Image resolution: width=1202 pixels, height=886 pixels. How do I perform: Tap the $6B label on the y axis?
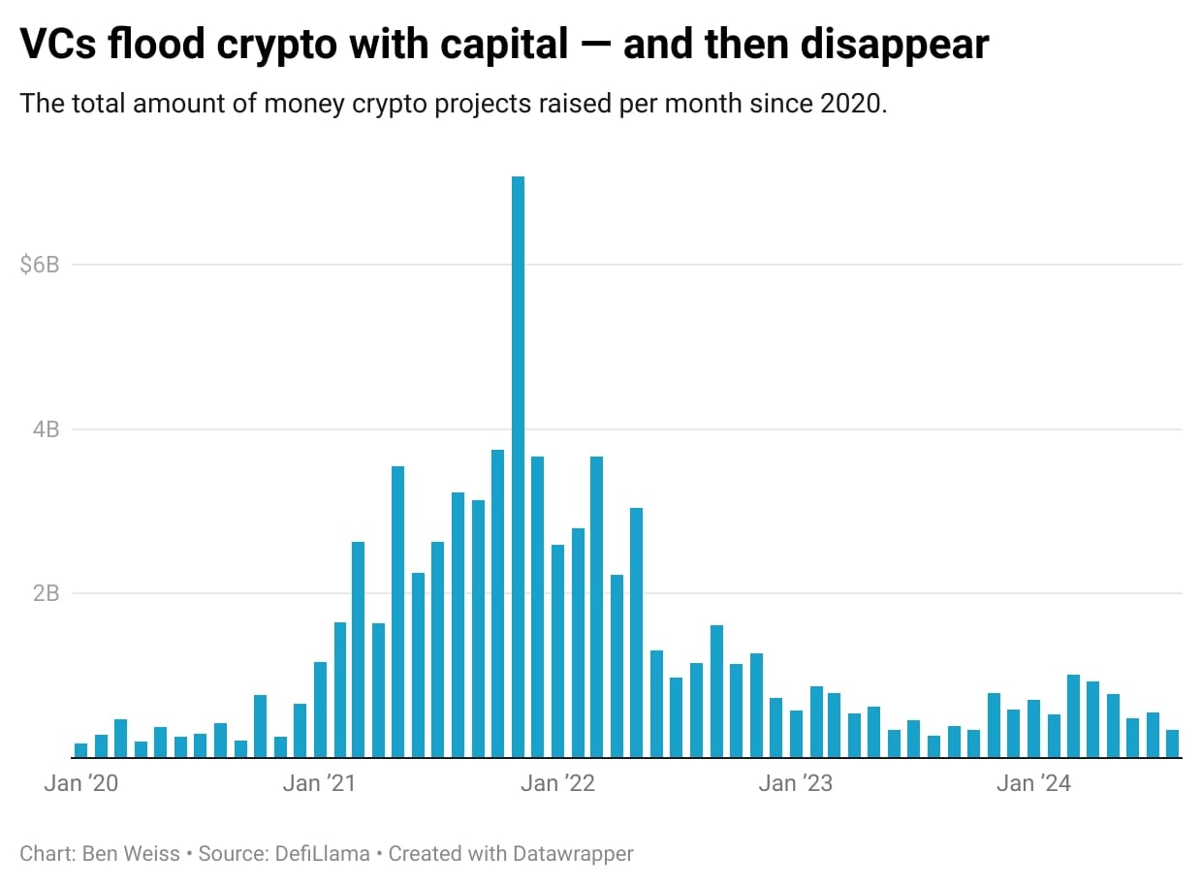click(40, 265)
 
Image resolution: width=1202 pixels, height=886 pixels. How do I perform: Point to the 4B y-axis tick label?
click(46, 428)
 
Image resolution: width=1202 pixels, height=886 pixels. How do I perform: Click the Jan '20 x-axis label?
click(80, 783)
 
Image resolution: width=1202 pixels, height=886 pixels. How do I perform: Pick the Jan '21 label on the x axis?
click(319, 783)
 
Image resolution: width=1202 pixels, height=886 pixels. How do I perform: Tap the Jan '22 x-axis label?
click(557, 783)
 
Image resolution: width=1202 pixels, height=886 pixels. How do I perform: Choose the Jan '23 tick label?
click(796, 783)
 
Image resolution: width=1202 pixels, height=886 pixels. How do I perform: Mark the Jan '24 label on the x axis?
click(1034, 783)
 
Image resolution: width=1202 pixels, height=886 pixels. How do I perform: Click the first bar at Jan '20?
click(80, 750)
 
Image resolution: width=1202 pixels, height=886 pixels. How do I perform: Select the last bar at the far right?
click(1172, 744)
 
